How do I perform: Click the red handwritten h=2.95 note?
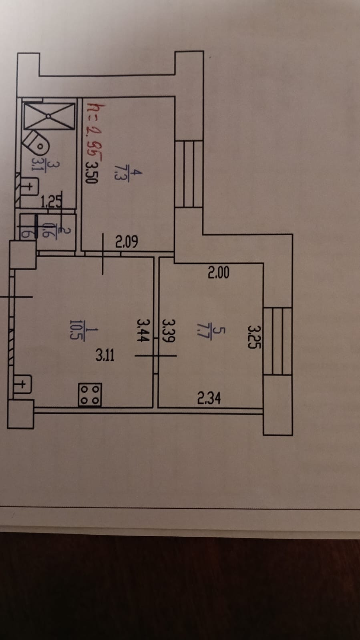pos(93,132)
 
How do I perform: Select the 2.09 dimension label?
pos(127,242)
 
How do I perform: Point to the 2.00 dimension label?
pos(219,273)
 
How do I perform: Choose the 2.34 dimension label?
pos(209,398)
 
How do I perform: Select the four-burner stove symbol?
pos(90,395)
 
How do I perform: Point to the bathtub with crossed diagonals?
pos(49,116)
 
